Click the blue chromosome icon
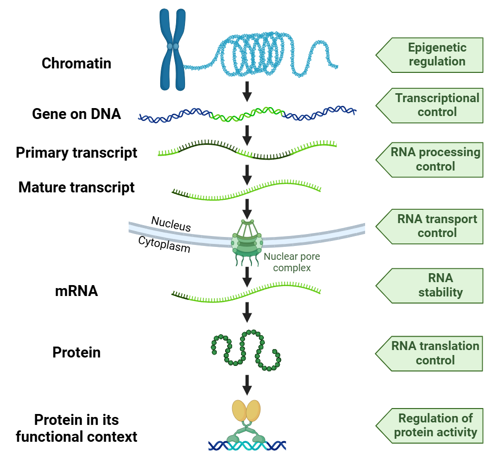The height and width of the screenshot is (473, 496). point(173,50)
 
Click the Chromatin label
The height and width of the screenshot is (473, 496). point(76,63)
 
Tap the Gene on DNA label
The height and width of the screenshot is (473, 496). point(76,114)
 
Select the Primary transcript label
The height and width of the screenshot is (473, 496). point(76,153)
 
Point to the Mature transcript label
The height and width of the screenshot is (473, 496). point(76,188)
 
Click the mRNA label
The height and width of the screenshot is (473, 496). point(76,291)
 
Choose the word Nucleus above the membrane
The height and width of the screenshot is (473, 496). point(171,224)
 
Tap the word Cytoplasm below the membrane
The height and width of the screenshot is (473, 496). point(164,244)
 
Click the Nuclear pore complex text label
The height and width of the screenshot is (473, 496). point(292,262)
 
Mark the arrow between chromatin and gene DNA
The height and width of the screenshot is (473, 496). point(247,90)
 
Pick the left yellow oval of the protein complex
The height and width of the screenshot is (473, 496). point(239,411)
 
